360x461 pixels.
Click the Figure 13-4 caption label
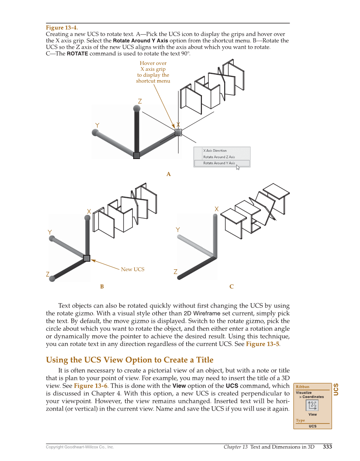pos(61,28)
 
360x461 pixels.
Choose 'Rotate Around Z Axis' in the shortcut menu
pos(219,157)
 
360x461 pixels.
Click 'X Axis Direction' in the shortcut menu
pos(215,151)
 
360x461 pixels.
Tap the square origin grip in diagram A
pos(137,155)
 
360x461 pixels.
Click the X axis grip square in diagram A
pos(178,132)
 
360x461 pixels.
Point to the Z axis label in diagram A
pos(140,101)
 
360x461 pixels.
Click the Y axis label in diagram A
pos(98,126)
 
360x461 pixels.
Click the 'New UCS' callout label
pos(132,269)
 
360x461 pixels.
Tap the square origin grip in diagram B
pos(87,258)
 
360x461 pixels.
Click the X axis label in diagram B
pos(89,211)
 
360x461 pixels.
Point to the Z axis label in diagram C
pos(176,271)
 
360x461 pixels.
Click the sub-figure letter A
pos(168,174)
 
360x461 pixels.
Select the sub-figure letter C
pos(231,287)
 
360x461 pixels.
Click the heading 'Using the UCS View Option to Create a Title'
pos(129,360)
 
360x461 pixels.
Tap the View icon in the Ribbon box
pos(313,405)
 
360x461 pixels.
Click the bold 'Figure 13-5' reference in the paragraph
pos(262,344)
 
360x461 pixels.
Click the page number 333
pos(327,446)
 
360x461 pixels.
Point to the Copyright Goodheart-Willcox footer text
pos(80,447)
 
